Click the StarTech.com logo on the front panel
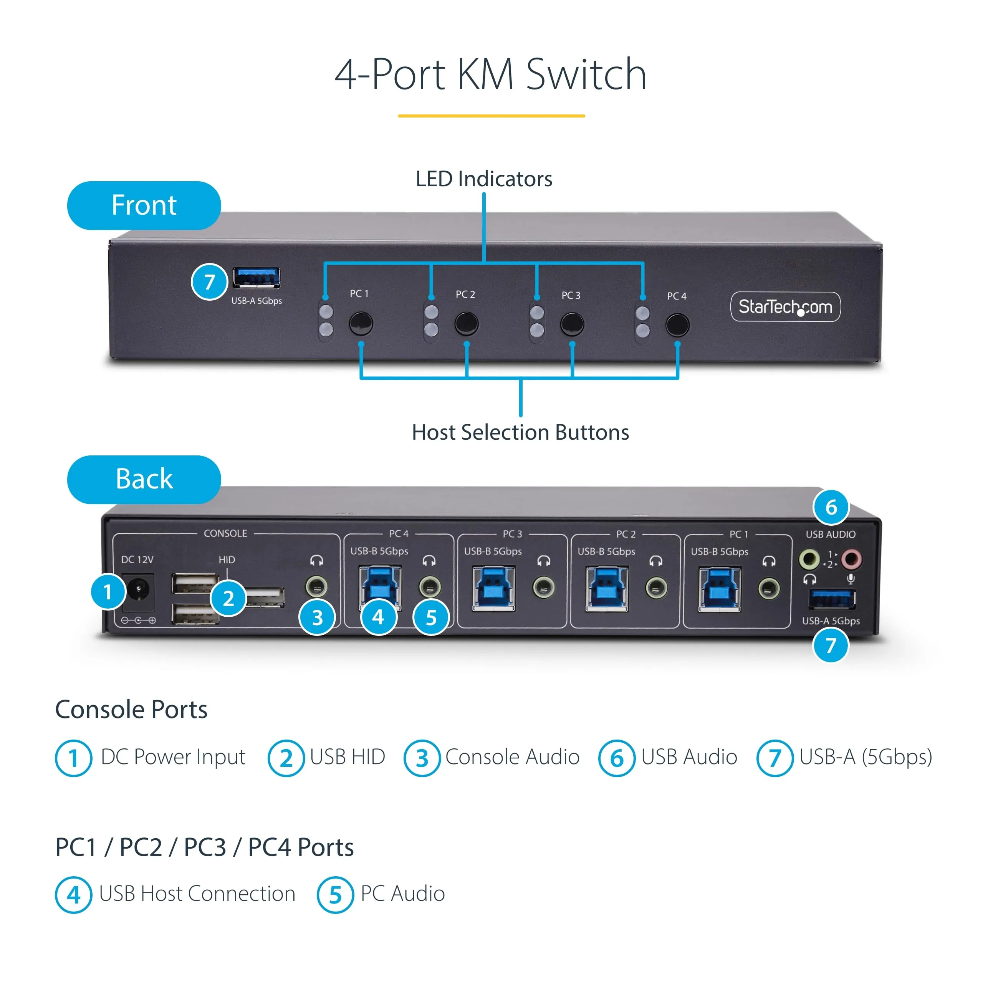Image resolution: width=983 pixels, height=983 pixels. coord(785,307)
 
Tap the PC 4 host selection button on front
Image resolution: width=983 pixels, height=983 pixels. coord(677,324)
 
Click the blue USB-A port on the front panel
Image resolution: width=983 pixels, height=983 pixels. coord(256,277)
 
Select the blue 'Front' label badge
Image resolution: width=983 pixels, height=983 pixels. coord(144,205)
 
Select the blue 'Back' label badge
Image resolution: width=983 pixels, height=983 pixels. coord(144,479)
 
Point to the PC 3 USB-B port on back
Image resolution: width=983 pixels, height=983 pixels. coord(493,589)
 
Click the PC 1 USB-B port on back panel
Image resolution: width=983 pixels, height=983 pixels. coord(720,589)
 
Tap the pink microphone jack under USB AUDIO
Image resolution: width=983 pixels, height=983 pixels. coord(851,559)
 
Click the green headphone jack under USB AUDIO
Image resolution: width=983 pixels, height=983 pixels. coord(809,559)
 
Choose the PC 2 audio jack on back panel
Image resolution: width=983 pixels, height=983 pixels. coord(656,588)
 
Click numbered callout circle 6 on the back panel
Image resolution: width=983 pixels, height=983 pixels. coord(831,507)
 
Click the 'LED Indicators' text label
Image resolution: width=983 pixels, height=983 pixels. coord(484,179)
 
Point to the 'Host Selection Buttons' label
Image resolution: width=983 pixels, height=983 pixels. coord(520,432)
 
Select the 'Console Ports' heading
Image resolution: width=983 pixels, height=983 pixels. coord(131,709)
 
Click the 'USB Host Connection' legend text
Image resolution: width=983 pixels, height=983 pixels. coord(197,894)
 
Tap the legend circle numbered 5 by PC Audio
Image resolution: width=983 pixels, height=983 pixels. coord(335,895)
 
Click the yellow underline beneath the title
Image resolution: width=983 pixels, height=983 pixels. coord(491,116)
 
